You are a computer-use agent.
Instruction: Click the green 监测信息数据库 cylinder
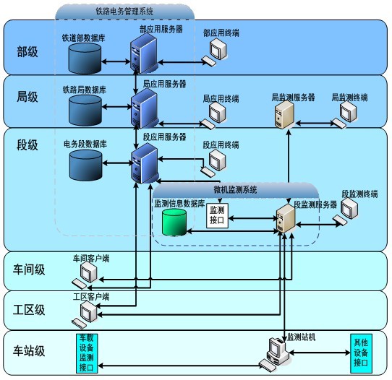tap(174, 222)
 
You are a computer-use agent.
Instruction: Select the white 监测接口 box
tap(217, 215)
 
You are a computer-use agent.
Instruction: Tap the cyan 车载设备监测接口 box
tap(87, 353)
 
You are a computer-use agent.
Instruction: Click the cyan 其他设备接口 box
tap(361, 353)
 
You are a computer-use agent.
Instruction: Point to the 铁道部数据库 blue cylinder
tap(85, 59)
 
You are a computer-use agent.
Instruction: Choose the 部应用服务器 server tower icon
tap(144, 53)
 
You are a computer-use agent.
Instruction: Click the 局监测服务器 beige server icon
tap(284, 115)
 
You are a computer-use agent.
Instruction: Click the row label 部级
tap(27, 52)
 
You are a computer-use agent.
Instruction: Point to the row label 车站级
tap(29, 350)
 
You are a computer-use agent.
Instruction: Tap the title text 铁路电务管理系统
tap(124, 12)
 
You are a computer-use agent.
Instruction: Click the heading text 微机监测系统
tap(235, 190)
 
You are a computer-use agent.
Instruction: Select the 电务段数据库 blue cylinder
tap(86, 165)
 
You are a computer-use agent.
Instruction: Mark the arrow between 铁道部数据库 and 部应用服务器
tap(116, 61)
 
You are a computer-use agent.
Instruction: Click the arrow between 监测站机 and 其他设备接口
tap(320, 353)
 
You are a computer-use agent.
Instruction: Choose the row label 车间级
tap(29, 269)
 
